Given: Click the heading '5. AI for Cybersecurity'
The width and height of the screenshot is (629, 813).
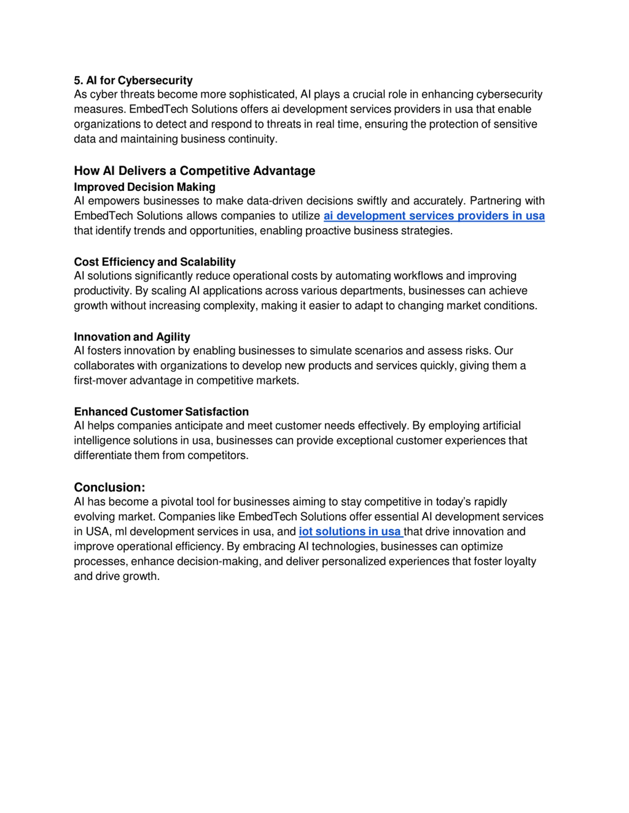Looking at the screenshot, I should [x=133, y=80].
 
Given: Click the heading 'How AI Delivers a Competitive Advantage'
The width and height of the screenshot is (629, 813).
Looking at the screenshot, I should [x=195, y=171].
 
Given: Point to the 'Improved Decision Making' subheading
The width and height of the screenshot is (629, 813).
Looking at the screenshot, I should [x=144, y=187].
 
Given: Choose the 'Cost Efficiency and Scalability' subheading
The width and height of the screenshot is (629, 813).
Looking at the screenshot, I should [x=155, y=262].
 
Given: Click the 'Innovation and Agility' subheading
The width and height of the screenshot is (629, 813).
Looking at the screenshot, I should [x=132, y=337].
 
